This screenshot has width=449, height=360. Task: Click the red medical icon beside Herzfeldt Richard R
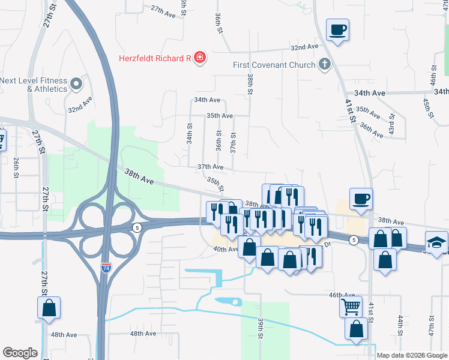click(x=199, y=58)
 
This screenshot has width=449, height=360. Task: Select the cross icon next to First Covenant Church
click(x=325, y=64)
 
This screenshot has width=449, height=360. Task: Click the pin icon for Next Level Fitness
click(x=77, y=84)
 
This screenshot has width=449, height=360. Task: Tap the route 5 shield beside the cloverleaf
click(x=137, y=227)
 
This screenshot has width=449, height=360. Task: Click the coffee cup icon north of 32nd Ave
click(x=338, y=29)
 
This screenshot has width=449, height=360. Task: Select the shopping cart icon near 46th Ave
click(x=351, y=307)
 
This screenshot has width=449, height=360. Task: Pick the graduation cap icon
click(x=437, y=242)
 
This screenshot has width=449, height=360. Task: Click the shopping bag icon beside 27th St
click(x=49, y=308)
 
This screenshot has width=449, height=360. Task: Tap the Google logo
click(x=20, y=353)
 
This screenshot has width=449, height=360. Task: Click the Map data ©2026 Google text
click(x=412, y=355)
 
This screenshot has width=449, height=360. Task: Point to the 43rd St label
click(x=391, y=124)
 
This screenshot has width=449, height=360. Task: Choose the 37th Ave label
click(x=210, y=167)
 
